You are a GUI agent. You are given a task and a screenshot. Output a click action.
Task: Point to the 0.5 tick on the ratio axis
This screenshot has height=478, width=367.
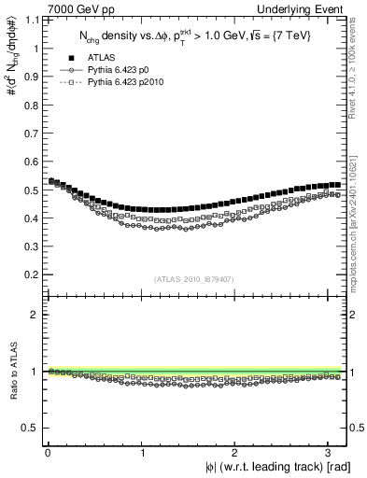click(27, 428)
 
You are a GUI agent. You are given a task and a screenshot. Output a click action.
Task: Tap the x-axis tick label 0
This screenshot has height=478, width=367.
click(48, 453)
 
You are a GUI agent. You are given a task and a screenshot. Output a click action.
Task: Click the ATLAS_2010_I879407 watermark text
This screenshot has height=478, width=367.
click(192, 279)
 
